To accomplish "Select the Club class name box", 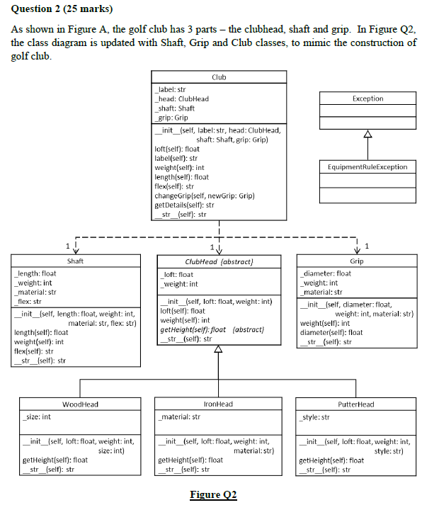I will [x=219, y=76].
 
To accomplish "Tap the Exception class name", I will [x=367, y=99].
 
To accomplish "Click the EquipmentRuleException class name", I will [x=367, y=166].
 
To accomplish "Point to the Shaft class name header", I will [x=75, y=261].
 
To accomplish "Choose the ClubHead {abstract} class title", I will [x=219, y=261].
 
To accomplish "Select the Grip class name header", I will [x=357, y=261].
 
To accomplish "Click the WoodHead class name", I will [x=80, y=404].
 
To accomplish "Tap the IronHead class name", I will [x=218, y=404].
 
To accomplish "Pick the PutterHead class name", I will [x=356, y=404].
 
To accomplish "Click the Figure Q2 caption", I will [x=213, y=494].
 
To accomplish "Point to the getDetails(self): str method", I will [x=184, y=205].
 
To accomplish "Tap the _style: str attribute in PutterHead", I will [x=315, y=417].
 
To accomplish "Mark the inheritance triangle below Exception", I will [x=367, y=134].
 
